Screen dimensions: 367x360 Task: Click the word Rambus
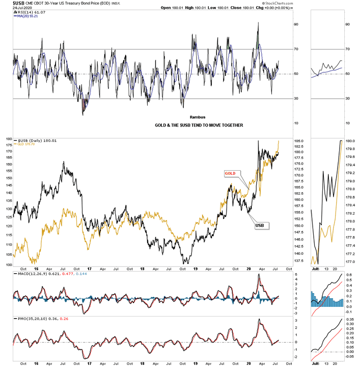coord(197,117)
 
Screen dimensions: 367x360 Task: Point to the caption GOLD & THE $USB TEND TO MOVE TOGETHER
coord(199,125)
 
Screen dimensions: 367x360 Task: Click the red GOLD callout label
coord(231,173)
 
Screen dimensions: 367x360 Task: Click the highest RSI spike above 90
coord(259,23)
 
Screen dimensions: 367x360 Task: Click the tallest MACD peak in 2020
coord(259,275)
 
